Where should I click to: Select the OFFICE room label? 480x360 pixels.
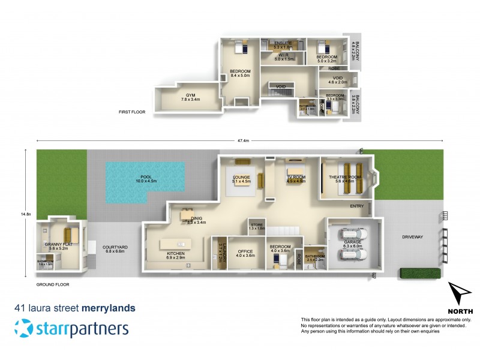(x=245, y=253)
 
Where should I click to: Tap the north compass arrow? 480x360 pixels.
(x=461, y=295)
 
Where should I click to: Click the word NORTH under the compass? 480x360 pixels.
(x=461, y=311)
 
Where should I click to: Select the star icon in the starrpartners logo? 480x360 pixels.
(x=25, y=328)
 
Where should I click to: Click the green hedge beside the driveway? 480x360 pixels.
(x=420, y=274)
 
